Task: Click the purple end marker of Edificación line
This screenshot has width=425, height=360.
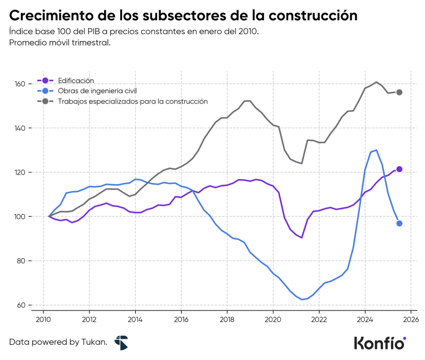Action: tap(399, 169)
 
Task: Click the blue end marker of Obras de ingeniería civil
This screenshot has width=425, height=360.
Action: tap(399, 223)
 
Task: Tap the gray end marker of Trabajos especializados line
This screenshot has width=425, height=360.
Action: tap(399, 92)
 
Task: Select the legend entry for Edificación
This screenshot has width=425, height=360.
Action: tap(76, 81)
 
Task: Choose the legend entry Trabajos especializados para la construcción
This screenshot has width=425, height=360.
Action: tap(132, 101)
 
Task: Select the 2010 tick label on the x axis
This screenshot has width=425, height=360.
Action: tap(44, 320)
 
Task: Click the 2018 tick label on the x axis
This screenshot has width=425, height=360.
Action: tap(227, 320)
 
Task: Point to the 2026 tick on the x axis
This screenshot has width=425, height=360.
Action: tap(410, 320)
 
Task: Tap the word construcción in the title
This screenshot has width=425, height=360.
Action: tap(313, 15)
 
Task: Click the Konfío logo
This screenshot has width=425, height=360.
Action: tap(379, 343)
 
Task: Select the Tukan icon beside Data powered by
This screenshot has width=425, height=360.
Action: tap(121, 343)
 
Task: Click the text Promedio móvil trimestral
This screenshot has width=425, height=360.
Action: tap(60, 43)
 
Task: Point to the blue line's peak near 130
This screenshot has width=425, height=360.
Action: tap(376, 150)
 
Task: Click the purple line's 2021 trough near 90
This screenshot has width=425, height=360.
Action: tap(302, 238)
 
